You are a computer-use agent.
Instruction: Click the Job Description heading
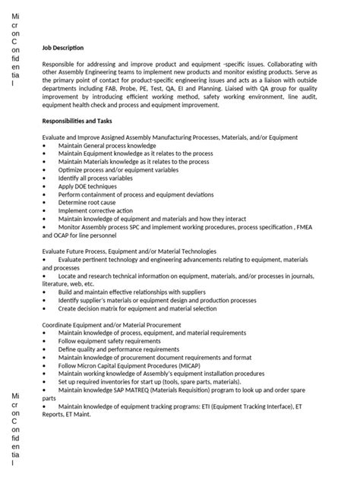63,48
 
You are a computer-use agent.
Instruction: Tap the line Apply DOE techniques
87,185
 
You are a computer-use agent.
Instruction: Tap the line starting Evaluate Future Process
129,251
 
